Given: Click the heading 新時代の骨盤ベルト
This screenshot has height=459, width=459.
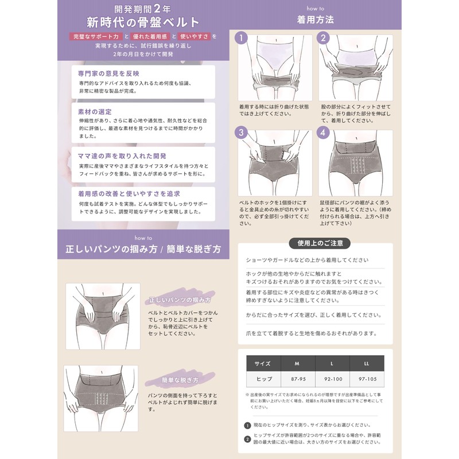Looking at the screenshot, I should [143, 22].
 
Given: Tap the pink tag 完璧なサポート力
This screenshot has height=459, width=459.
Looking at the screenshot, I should [95, 37].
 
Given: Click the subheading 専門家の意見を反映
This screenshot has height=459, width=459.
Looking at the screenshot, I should [108, 73].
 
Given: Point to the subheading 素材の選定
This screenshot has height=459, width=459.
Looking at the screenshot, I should [95, 111].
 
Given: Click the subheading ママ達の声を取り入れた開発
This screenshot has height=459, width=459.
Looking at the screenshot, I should [122, 156].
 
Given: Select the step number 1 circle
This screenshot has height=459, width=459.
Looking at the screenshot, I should [243, 38].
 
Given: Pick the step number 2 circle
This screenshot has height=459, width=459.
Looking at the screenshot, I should [324, 38].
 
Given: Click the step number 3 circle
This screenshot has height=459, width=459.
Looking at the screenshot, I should [243, 133].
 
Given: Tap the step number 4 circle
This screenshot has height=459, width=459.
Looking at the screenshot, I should [324, 133].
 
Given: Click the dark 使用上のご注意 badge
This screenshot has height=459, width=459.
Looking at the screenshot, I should [320, 243].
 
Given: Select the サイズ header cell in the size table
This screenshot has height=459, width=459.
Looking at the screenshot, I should [263, 364].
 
